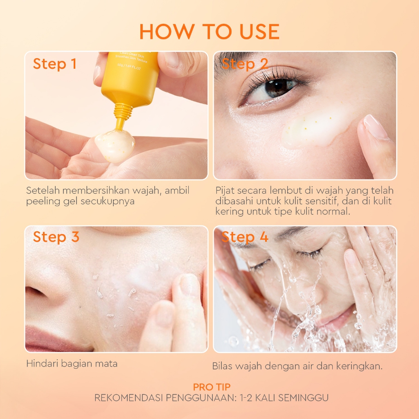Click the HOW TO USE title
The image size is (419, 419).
(x=209, y=32)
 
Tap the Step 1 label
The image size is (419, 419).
(x=55, y=64)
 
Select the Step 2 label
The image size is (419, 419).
(x=245, y=64)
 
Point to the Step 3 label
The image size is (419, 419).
(x=56, y=237)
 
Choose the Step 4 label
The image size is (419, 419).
(x=245, y=237)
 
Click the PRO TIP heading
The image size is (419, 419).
(x=212, y=387)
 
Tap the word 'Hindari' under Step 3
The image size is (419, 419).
(x=43, y=363)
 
